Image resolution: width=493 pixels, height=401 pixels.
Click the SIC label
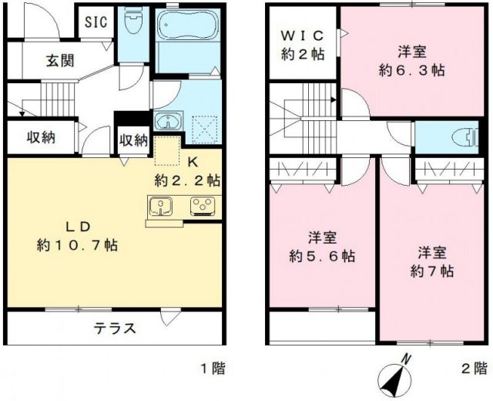tap(96, 21)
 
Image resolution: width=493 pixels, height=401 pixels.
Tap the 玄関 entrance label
tap(59, 61)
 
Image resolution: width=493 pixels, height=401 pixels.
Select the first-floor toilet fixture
tap(133, 24)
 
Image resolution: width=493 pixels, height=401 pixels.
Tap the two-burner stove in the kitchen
tap(203, 206)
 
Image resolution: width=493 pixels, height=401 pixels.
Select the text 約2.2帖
tap(187, 181)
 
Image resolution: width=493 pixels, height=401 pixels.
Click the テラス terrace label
tap(116, 328)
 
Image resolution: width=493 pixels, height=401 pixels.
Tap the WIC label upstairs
tap(301, 36)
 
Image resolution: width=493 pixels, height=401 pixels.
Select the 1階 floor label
tap(210, 368)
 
